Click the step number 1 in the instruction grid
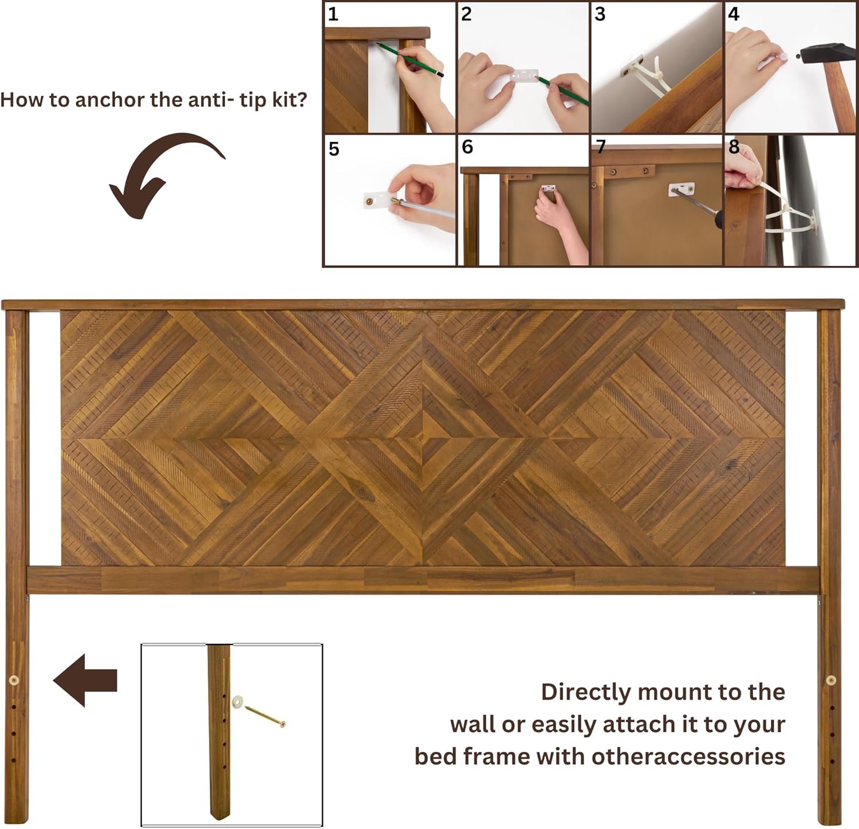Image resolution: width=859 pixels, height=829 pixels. point(333,14)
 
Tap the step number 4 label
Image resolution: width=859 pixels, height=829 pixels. point(734,14)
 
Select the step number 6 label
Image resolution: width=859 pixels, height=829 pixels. point(467,147)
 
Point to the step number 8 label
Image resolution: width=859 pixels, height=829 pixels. point(734,147)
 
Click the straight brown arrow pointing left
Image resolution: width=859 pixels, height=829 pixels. point(85,680)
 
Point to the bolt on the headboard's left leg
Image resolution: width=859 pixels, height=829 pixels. point(14,680)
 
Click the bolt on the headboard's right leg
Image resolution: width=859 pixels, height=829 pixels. point(831,680)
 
